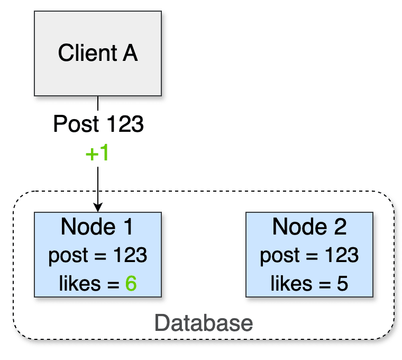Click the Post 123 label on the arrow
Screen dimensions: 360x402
pyautogui.click(x=98, y=125)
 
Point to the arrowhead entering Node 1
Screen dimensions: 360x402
pyautogui.click(x=98, y=208)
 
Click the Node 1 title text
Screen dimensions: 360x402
pyautogui.click(x=97, y=227)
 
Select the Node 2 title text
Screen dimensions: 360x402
pyautogui.click(x=309, y=227)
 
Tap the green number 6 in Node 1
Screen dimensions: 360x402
pyautogui.click(x=131, y=284)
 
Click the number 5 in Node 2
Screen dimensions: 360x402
pyautogui.click(x=342, y=284)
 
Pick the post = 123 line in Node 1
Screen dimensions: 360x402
pyautogui.click(x=98, y=256)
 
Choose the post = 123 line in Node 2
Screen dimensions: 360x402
pyautogui.click(x=309, y=256)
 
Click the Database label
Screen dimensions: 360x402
pyautogui.click(x=204, y=322)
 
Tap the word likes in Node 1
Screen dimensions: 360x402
pyautogui.click(x=79, y=284)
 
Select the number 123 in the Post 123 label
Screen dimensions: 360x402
pyautogui.click(x=125, y=125)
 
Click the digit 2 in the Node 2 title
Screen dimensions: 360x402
pyautogui.click(x=340, y=227)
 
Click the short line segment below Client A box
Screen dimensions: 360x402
pyautogui.click(x=98, y=103)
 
